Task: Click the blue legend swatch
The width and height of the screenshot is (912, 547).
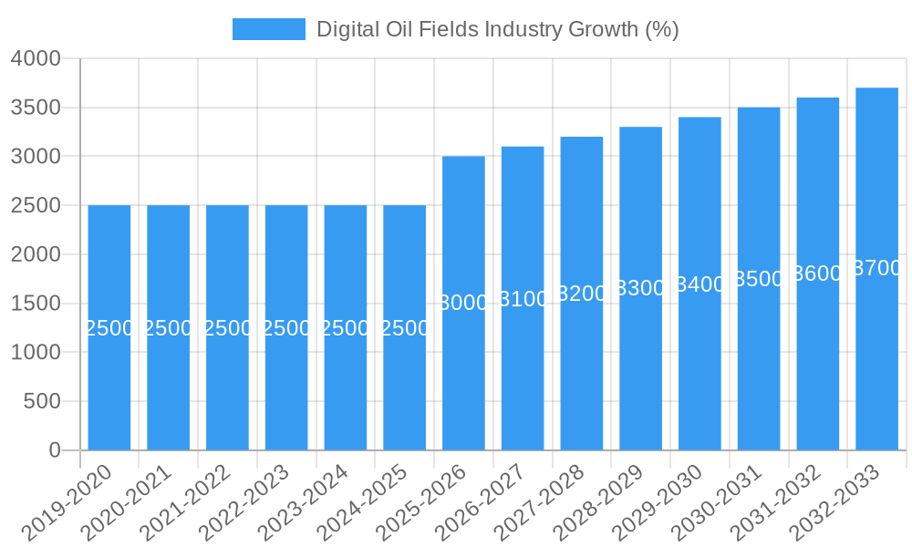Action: [268, 29]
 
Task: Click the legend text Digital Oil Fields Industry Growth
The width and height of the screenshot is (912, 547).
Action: [497, 29]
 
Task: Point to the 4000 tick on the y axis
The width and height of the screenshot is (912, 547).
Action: [36, 59]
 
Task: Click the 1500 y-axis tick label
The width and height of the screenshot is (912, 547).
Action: [36, 304]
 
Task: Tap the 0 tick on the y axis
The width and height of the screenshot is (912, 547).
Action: [54, 450]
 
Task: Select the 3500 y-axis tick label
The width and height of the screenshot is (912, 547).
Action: [36, 108]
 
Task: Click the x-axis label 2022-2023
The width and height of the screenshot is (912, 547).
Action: [244, 501]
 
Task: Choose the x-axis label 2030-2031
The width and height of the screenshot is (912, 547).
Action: [717, 501]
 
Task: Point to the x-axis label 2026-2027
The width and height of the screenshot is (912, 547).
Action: [481, 501]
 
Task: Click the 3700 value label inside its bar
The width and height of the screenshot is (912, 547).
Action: [876, 269]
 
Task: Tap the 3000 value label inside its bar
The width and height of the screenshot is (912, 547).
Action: [463, 304]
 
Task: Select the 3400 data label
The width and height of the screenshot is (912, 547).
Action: [700, 284]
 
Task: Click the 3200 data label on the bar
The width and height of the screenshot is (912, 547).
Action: [582, 294]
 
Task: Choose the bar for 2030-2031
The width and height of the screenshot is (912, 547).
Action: [759, 365]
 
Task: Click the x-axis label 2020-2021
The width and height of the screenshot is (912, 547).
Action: [126, 501]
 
